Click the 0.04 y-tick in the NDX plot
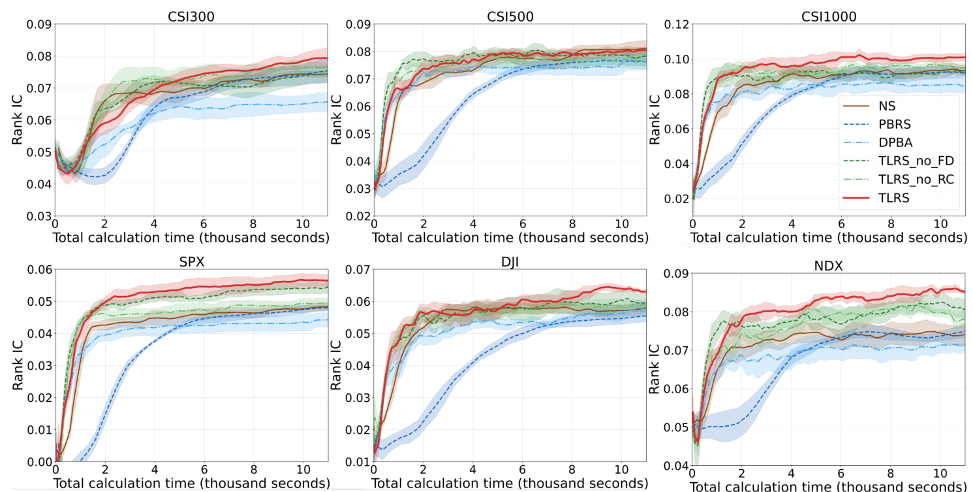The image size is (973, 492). point(675,466)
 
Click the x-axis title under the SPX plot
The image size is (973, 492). point(191,483)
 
